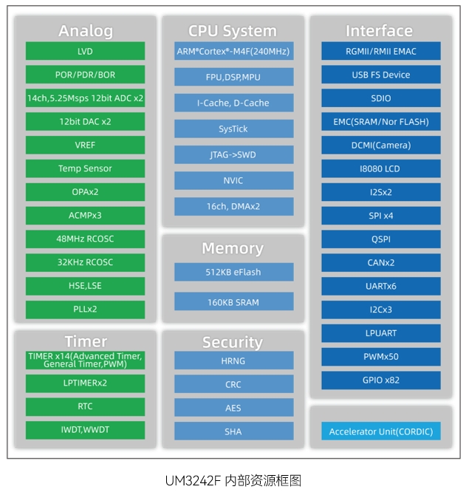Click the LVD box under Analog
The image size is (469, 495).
point(85,51)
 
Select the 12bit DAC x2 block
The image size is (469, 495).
point(85,121)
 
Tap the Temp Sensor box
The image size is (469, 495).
point(85,168)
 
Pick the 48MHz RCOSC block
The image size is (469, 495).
point(85,239)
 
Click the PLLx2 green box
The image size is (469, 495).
point(85,309)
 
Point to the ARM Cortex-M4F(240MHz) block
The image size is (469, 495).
point(233,52)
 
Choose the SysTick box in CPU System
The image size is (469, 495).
point(233,129)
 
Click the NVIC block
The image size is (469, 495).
point(233,180)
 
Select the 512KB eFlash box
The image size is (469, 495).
point(233,272)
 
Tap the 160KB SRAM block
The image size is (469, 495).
point(233,301)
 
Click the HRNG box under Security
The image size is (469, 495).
point(233,361)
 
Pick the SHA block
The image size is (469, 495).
point(233,431)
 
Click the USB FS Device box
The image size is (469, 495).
point(380,75)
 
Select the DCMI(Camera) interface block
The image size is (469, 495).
point(380,145)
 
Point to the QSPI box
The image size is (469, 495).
point(380,239)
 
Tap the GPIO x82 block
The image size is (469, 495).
point(380,380)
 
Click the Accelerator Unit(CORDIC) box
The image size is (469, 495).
point(380,431)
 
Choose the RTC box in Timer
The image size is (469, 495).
point(85,406)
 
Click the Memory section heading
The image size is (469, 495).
point(233,248)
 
